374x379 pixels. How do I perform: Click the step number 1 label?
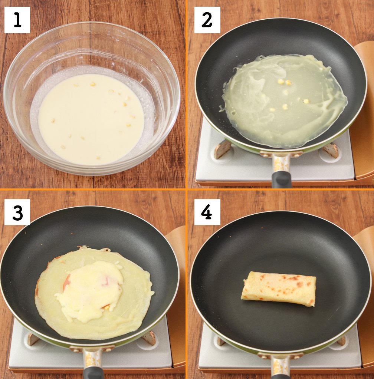(17, 20)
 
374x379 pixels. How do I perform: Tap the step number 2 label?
(207, 20)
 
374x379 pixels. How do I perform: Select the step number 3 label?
(17, 212)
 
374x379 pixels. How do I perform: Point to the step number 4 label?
(207, 212)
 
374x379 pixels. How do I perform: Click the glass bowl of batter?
(92, 98)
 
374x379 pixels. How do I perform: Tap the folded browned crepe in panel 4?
(279, 289)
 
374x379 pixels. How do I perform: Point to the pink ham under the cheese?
(67, 281)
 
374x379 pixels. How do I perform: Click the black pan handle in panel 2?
(281, 179)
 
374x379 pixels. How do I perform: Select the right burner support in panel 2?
(330, 150)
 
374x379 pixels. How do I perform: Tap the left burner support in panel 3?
(33, 339)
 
